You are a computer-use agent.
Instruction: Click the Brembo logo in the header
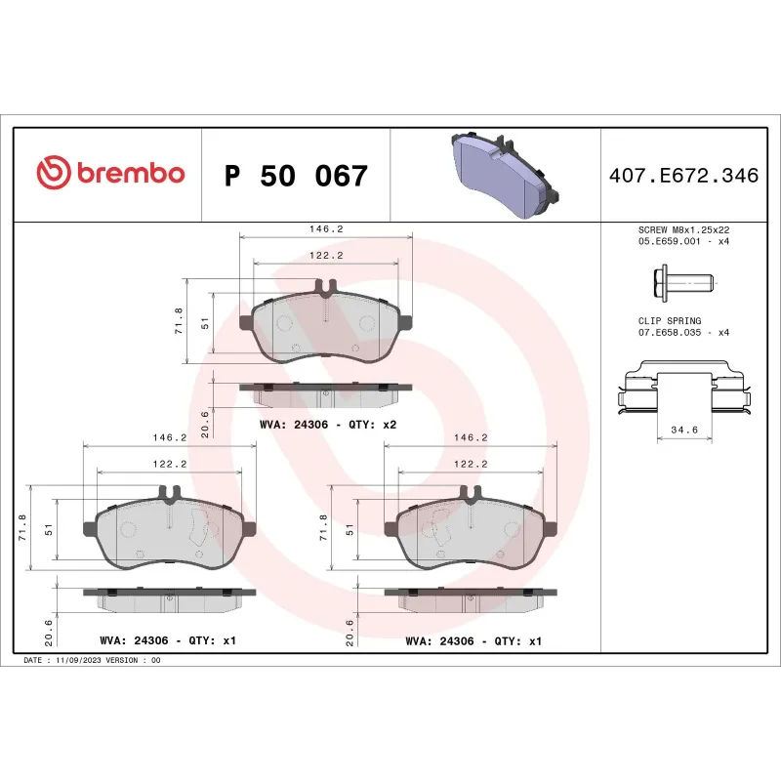point(109,174)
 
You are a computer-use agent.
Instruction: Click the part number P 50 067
point(296,177)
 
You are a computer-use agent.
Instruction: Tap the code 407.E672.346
point(683,177)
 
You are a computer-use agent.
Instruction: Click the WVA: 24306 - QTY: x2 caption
point(327,425)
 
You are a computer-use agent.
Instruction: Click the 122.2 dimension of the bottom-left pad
point(171,464)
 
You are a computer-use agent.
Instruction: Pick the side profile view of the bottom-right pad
point(471,598)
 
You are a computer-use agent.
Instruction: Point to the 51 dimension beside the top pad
point(204,323)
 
